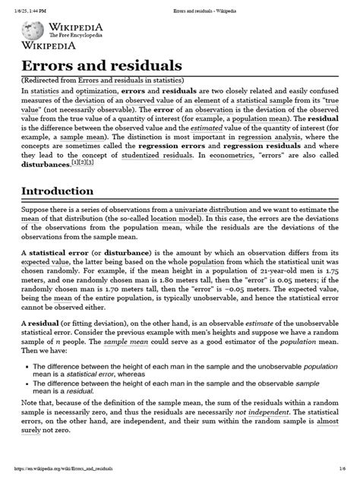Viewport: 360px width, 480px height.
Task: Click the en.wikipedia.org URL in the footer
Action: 69,472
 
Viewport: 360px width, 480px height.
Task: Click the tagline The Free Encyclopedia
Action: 74,35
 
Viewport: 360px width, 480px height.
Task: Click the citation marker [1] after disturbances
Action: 74,163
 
